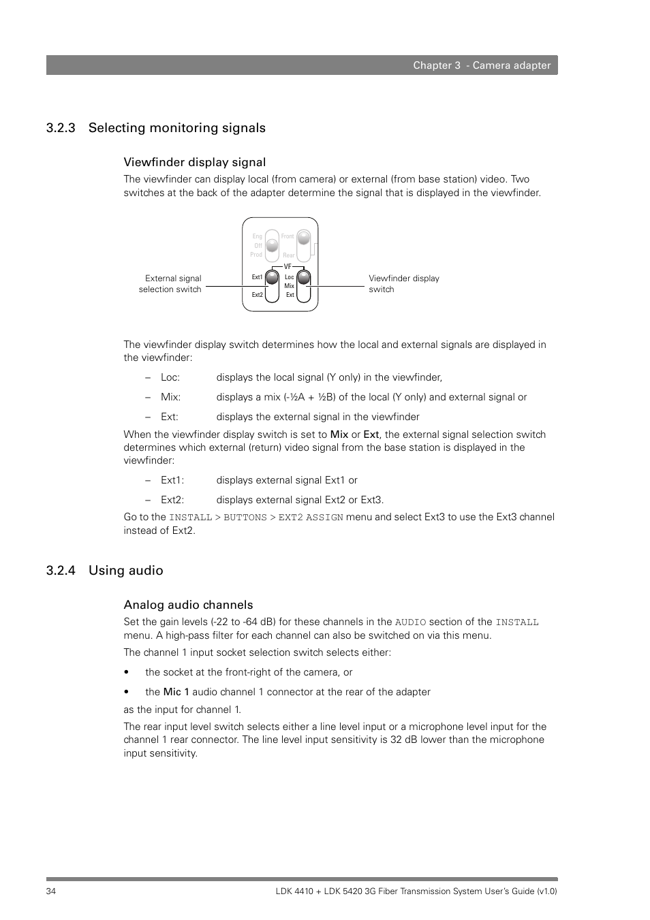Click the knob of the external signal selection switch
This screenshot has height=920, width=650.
[272, 278]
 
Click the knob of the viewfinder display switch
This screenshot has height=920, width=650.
[304, 277]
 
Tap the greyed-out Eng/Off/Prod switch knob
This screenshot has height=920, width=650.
[272, 244]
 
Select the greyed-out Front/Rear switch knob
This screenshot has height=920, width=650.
[304, 238]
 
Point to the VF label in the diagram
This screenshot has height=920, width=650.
[288, 267]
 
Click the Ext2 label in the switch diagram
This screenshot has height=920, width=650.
[257, 295]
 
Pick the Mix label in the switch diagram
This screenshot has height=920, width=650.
[289, 286]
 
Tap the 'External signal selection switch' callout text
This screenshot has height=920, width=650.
[170, 284]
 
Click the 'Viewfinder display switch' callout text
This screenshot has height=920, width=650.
[403, 284]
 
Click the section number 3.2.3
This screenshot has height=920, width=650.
[61, 128]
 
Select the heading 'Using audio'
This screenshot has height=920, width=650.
[125, 571]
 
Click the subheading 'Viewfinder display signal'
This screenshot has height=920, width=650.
[194, 162]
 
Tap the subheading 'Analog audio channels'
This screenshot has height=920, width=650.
[188, 605]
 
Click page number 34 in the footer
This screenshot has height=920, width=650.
[51, 891]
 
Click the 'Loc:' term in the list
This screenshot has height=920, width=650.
[170, 377]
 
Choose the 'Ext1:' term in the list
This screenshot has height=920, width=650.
[172, 480]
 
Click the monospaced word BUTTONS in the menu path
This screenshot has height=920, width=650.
[245, 518]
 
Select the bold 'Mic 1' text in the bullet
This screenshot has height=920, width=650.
[176, 692]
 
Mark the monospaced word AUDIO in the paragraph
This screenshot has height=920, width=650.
[410, 622]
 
